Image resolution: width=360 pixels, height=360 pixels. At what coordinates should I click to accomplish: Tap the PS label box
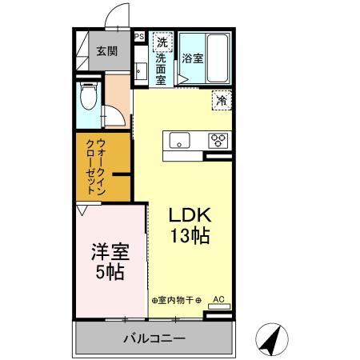point(138,37)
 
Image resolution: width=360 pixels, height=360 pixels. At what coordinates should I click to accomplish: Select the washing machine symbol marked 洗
point(162,42)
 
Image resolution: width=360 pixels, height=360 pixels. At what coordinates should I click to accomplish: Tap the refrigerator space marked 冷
point(220,102)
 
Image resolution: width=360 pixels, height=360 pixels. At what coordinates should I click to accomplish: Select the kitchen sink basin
point(181,140)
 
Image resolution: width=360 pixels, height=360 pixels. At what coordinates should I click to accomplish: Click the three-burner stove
point(218,140)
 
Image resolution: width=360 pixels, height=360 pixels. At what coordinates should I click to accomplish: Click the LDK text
point(190,216)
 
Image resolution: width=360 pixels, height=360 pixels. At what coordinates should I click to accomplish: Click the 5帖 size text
point(109,272)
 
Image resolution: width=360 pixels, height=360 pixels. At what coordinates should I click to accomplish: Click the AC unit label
point(218,301)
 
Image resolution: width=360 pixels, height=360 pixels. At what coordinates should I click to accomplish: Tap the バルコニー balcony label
point(154,338)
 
